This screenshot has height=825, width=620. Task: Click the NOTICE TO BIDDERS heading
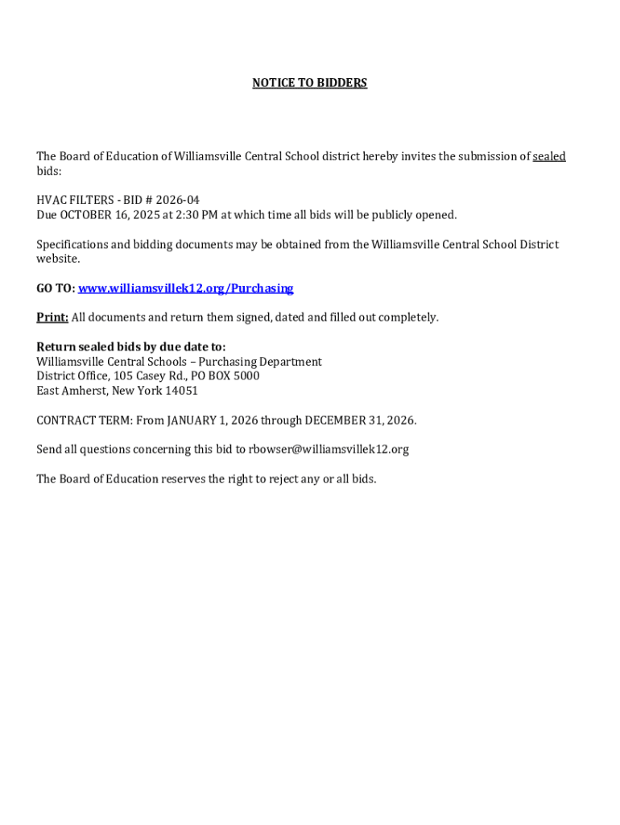(309, 83)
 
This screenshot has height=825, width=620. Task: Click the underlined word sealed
(549, 156)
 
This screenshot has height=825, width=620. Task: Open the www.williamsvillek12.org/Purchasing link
(185, 288)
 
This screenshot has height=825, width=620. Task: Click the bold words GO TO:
(56, 288)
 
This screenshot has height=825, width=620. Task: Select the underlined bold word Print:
(52, 317)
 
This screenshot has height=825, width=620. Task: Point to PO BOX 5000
(225, 376)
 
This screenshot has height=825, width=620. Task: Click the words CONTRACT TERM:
(85, 421)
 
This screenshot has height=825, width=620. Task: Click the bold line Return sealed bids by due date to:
(131, 347)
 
